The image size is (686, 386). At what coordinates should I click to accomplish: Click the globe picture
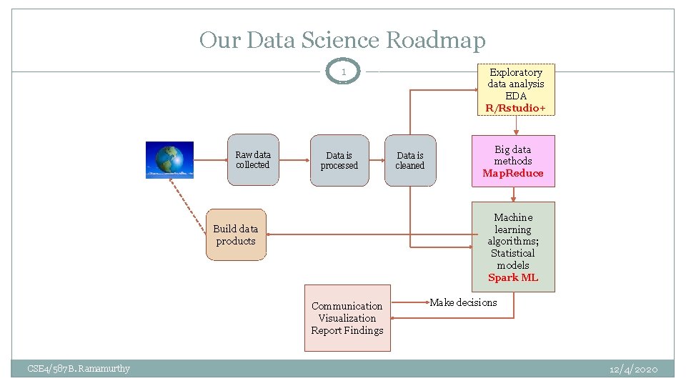(x=169, y=159)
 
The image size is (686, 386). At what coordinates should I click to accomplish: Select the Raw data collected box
(x=253, y=160)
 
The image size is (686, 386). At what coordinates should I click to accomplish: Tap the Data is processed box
(x=339, y=161)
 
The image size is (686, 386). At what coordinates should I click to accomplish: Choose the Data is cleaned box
(x=410, y=161)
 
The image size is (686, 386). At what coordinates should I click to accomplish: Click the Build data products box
(x=236, y=235)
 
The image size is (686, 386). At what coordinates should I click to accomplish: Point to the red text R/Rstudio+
(x=516, y=108)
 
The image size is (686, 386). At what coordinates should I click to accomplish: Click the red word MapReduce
(x=513, y=173)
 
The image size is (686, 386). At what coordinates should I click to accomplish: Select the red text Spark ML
(x=513, y=277)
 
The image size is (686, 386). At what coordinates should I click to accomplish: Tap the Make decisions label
(x=463, y=302)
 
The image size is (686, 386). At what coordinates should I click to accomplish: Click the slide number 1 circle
(x=344, y=71)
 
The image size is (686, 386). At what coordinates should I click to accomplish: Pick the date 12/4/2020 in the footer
(x=633, y=369)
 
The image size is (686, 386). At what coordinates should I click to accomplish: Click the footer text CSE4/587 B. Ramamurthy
(x=79, y=369)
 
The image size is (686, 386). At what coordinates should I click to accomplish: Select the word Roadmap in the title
(x=435, y=40)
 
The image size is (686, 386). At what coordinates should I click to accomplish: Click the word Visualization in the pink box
(x=347, y=318)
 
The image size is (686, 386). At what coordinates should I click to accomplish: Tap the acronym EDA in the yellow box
(x=516, y=96)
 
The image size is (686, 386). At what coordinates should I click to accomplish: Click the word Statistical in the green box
(x=513, y=253)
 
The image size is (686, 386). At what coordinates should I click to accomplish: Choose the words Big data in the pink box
(x=513, y=149)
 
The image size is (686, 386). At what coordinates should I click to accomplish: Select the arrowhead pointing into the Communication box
(x=395, y=318)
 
